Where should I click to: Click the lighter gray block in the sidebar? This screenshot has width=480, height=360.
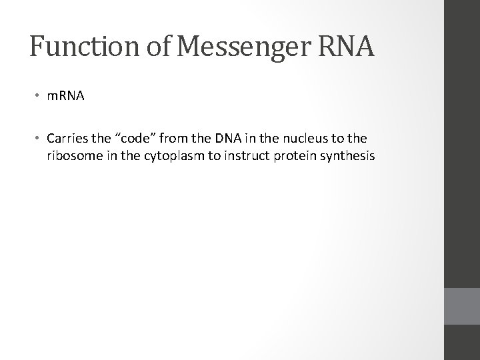461,306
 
